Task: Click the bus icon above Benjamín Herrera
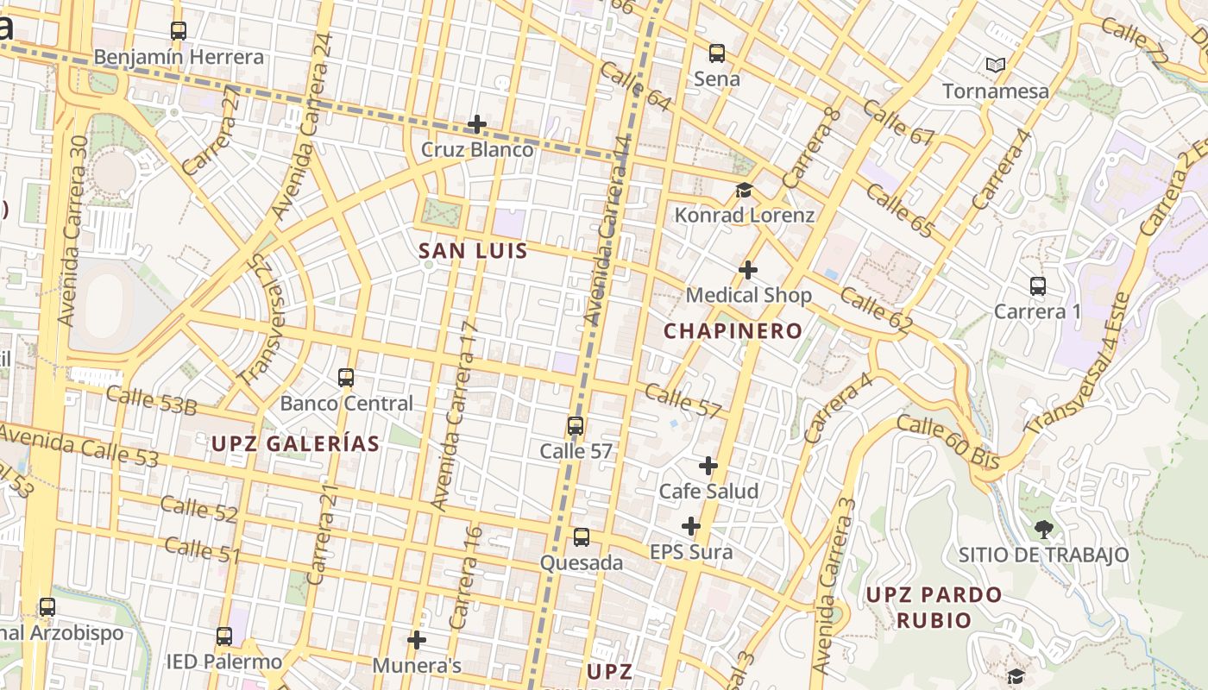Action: click(179, 31)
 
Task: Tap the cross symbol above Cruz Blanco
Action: click(477, 124)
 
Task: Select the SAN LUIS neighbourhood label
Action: click(472, 251)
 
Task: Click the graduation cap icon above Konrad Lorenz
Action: click(744, 190)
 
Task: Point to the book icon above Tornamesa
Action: click(996, 65)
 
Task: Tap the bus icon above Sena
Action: click(717, 53)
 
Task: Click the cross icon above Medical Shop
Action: click(748, 270)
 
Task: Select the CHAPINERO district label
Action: click(733, 330)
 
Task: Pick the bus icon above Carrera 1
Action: click(1037, 285)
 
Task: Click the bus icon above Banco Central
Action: click(346, 378)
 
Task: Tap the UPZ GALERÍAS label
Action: click(295, 443)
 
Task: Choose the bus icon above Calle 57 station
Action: click(576, 426)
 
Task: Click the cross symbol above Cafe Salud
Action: click(708, 466)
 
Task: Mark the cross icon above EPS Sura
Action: click(691, 526)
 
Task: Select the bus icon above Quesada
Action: click(582, 537)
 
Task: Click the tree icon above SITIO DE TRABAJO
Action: click(1044, 529)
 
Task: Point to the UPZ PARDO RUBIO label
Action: click(934, 607)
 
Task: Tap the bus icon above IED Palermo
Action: click(224, 637)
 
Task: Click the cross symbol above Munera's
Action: click(417, 640)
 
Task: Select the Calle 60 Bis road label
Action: click(947, 442)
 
